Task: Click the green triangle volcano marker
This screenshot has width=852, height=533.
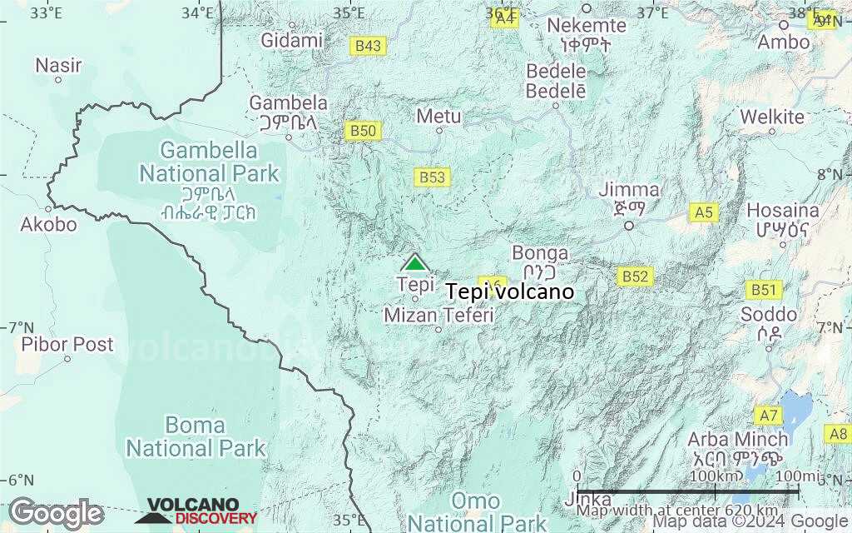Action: click(414, 263)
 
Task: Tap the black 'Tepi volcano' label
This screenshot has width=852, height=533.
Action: click(510, 292)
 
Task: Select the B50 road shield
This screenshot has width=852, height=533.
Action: click(364, 131)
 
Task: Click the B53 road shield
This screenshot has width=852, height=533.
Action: click(432, 177)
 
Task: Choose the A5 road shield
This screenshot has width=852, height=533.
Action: click(704, 212)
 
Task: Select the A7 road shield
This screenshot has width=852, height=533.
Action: click(768, 415)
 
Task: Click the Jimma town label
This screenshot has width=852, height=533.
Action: click(629, 191)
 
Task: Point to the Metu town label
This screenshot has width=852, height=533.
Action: click(438, 116)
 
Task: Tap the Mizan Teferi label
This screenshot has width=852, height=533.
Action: click(438, 316)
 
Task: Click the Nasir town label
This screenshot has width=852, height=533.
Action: click(58, 64)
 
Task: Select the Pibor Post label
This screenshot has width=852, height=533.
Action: click(67, 343)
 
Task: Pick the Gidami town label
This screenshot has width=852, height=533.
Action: click(291, 40)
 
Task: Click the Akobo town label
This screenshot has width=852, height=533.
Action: click(48, 224)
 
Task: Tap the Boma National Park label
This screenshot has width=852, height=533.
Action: click(195, 436)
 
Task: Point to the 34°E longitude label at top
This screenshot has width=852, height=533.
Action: click(198, 12)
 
